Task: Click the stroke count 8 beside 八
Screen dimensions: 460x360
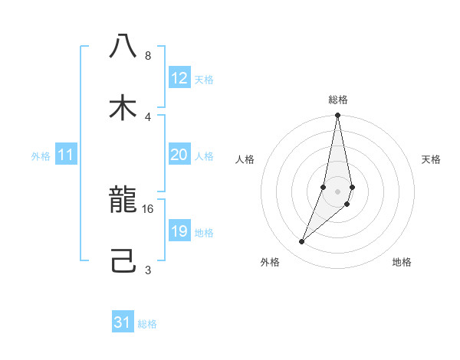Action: coord(148,56)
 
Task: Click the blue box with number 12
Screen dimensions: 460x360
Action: coord(179,78)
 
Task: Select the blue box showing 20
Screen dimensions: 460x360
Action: coord(179,155)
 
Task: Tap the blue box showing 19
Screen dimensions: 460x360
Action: coord(179,231)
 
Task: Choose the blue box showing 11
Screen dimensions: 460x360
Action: coord(66,155)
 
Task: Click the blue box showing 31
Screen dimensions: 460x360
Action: coord(123,322)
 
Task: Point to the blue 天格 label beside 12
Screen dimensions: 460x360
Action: coord(204,80)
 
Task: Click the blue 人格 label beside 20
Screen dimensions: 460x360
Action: coord(204,156)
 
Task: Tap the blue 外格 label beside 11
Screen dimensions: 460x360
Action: coord(41,156)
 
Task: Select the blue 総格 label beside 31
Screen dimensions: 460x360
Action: coord(147,324)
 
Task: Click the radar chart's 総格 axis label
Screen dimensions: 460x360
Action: coord(338,100)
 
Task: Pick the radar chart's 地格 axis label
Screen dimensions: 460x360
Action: coord(402,262)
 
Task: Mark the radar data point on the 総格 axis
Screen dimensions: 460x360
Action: coord(337,116)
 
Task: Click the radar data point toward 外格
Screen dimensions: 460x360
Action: coord(302,242)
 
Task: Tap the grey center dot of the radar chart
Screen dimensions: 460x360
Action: coord(337,191)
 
